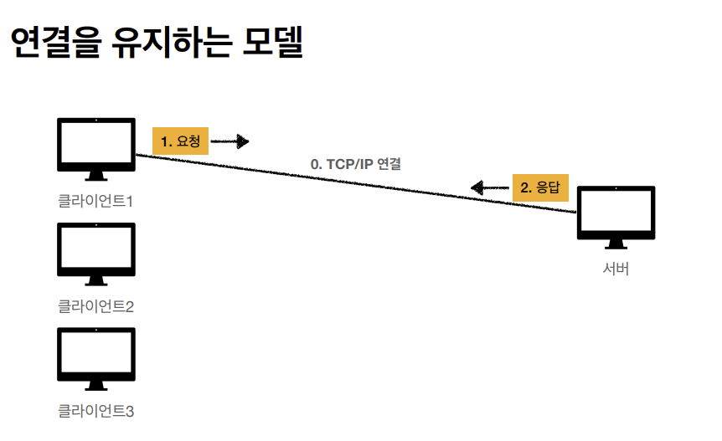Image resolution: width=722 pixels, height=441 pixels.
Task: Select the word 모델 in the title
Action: pyautogui.click(x=272, y=43)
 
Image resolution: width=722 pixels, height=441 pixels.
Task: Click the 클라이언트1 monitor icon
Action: pyautogui.click(x=96, y=147)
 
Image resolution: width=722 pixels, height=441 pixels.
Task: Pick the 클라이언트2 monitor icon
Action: pyautogui.click(x=96, y=252)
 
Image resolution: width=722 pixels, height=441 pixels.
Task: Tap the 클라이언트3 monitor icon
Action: pyautogui.click(x=96, y=356)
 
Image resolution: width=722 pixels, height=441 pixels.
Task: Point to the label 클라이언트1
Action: pyautogui.click(x=96, y=201)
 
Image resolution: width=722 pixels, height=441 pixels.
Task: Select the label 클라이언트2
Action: pyautogui.click(x=96, y=305)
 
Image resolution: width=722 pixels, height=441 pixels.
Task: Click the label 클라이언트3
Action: pyautogui.click(x=96, y=410)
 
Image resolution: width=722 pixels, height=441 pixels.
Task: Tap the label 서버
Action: pyautogui.click(x=616, y=269)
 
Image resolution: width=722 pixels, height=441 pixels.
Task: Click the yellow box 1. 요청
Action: pyautogui.click(x=180, y=141)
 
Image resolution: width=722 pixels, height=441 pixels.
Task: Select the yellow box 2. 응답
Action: pyautogui.click(x=540, y=187)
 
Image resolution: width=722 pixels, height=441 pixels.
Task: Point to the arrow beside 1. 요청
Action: pyautogui.click(x=230, y=141)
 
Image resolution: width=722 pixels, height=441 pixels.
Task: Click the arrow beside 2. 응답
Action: pyautogui.click(x=489, y=187)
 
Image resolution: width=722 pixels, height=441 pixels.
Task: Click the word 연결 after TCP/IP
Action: pyautogui.click(x=389, y=165)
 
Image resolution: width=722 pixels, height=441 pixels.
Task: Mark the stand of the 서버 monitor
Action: pyautogui.click(x=616, y=244)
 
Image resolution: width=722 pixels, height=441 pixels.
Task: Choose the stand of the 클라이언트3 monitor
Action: pyautogui.click(x=96, y=385)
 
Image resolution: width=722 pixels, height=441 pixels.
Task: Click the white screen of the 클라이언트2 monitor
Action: pyautogui.click(x=96, y=248)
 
